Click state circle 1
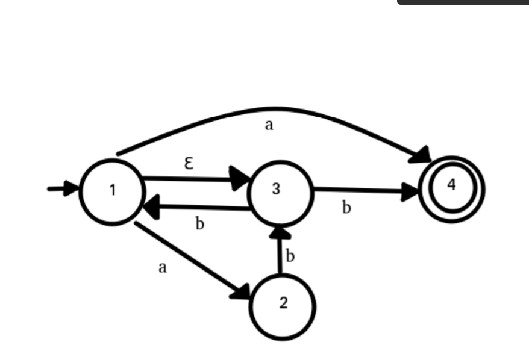112,191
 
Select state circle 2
282,306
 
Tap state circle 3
281,191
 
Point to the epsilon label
189,163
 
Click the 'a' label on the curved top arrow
269,125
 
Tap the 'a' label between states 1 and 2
162,268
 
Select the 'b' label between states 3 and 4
346,208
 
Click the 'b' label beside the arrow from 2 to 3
290,256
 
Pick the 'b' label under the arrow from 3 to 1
200,224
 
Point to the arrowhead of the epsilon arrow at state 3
242,179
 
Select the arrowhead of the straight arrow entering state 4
412,191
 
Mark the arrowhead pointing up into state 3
278,232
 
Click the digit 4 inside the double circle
452,185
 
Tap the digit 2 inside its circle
283,303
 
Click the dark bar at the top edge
463,2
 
